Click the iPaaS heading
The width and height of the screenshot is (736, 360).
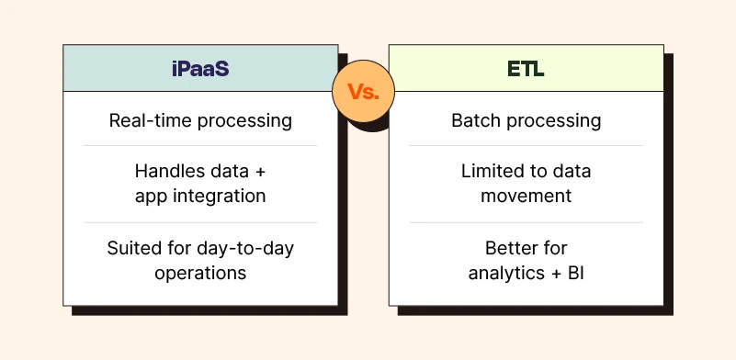pyautogui.click(x=200, y=69)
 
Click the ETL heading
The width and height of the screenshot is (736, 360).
pyautogui.click(x=526, y=69)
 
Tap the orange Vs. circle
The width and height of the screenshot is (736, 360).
pyautogui.click(x=363, y=91)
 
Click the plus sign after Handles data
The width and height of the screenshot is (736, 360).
pyautogui.click(x=261, y=172)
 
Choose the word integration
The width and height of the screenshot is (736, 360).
pyautogui.click(x=220, y=197)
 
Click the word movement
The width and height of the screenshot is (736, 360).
pyautogui.click(x=527, y=196)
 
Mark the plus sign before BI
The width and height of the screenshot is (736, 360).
pyautogui.click(x=556, y=274)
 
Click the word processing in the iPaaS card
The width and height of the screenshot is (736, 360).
pyautogui.click(x=244, y=121)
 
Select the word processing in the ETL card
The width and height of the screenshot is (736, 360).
pyautogui.click(x=554, y=121)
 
